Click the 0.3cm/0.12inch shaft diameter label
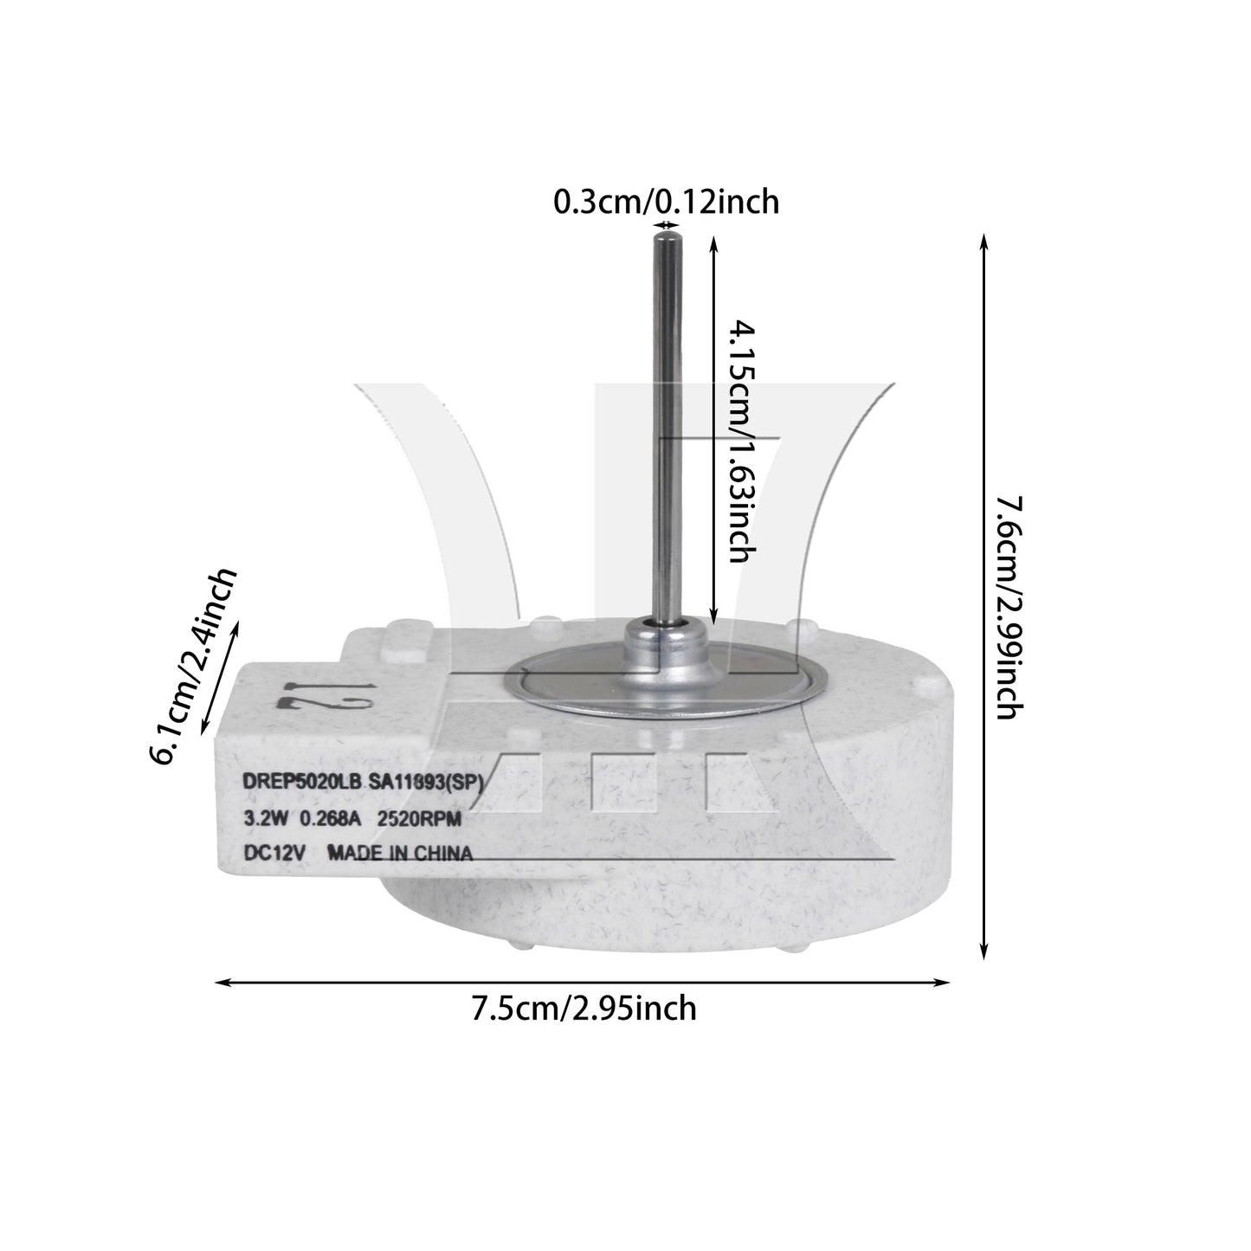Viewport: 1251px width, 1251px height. click(x=666, y=202)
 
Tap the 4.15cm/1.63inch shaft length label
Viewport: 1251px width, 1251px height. click(x=741, y=441)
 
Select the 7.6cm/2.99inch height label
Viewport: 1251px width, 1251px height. click(x=1009, y=608)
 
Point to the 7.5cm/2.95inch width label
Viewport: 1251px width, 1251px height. click(x=584, y=1009)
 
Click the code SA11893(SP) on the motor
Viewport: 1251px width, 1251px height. click(x=426, y=783)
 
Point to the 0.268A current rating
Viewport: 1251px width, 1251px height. click(x=330, y=819)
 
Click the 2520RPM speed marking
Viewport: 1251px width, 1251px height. click(x=419, y=819)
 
